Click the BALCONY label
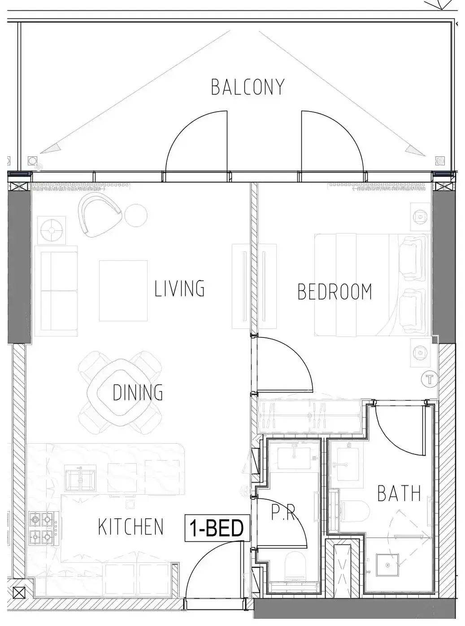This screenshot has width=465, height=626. pyautogui.click(x=248, y=87)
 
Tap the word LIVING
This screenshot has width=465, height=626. pyautogui.click(x=179, y=288)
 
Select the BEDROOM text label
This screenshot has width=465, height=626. pyautogui.click(x=335, y=292)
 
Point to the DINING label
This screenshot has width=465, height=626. pyautogui.click(x=138, y=392)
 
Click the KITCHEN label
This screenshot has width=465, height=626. pyautogui.click(x=130, y=527)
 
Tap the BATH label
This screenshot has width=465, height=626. pyautogui.click(x=399, y=493)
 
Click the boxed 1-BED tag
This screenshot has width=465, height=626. pyautogui.click(x=217, y=528)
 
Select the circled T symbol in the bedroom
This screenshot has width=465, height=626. pyautogui.click(x=430, y=380)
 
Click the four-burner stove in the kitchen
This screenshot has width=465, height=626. pyautogui.click(x=44, y=527)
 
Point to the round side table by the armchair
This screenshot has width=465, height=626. pyautogui.click(x=136, y=216)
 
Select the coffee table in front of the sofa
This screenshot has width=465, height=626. pyautogui.click(x=123, y=291)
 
